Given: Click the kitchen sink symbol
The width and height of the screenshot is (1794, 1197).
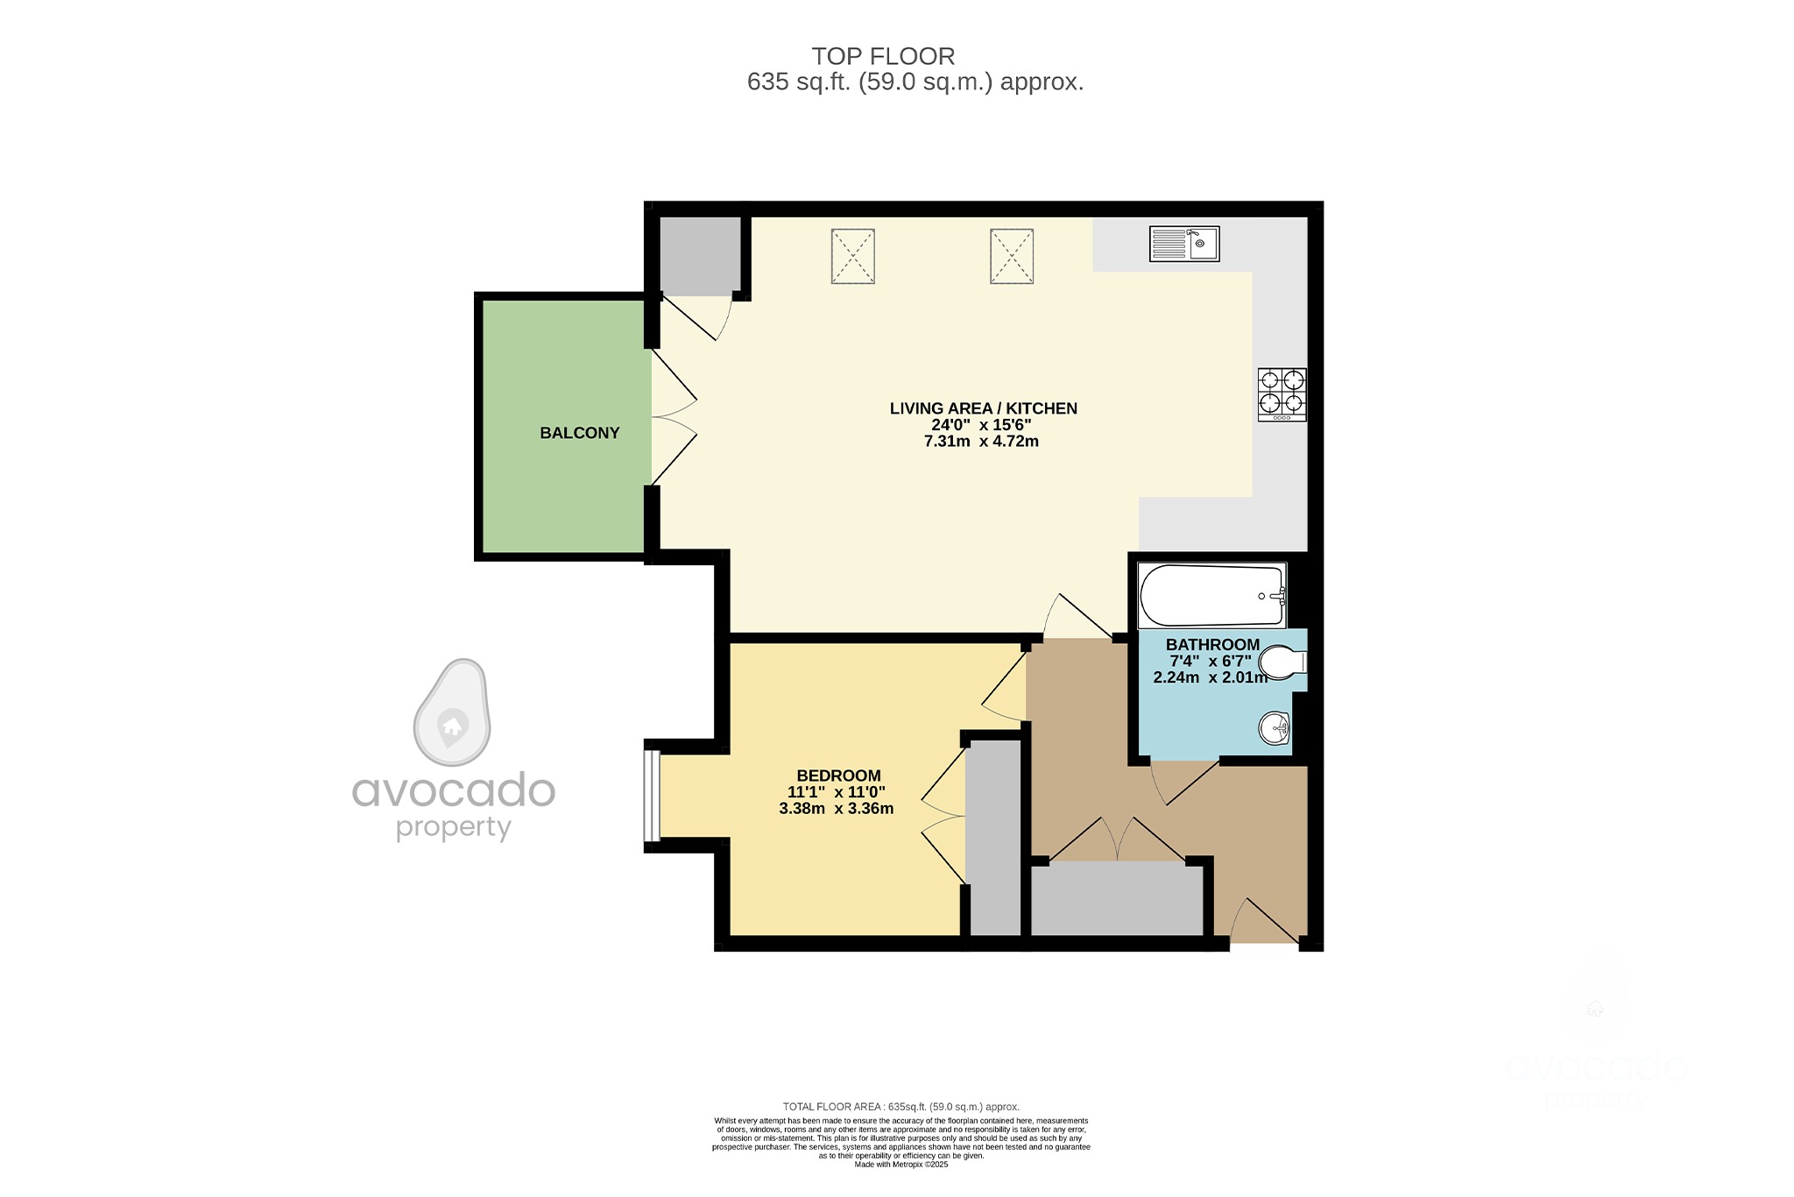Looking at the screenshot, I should click(1184, 244).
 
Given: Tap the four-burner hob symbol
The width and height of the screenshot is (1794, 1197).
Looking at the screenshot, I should click(1282, 394).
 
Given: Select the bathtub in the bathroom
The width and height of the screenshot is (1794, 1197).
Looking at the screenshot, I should click(1211, 596).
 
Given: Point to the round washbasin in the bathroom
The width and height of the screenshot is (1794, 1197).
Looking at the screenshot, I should click(1275, 727).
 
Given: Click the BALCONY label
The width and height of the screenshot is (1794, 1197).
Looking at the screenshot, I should click(579, 433).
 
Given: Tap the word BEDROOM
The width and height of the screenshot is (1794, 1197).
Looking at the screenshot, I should click(838, 776).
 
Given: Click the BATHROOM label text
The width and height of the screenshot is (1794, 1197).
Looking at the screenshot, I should click(1212, 645).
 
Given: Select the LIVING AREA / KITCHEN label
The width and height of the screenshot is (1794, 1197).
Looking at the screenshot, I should click(983, 408).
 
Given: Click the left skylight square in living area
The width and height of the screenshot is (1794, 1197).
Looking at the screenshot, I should click(852, 256).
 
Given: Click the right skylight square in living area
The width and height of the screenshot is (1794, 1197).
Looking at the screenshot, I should click(1012, 256).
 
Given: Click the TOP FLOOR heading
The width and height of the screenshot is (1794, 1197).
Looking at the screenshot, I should click(883, 56).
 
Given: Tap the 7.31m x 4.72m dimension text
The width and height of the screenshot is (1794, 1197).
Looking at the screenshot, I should click(981, 442).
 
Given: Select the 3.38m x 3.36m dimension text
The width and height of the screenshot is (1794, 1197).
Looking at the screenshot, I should click(837, 809).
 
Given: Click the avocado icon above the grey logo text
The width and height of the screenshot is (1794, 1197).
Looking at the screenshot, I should click(452, 712).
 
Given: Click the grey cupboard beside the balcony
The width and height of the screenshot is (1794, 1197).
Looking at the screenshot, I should click(699, 256).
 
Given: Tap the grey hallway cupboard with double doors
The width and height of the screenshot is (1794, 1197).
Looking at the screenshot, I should click(1117, 898).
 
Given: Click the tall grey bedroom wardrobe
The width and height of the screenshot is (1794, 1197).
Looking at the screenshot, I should click(994, 837).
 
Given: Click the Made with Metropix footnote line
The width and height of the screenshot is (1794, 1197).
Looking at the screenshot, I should click(901, 1165).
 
